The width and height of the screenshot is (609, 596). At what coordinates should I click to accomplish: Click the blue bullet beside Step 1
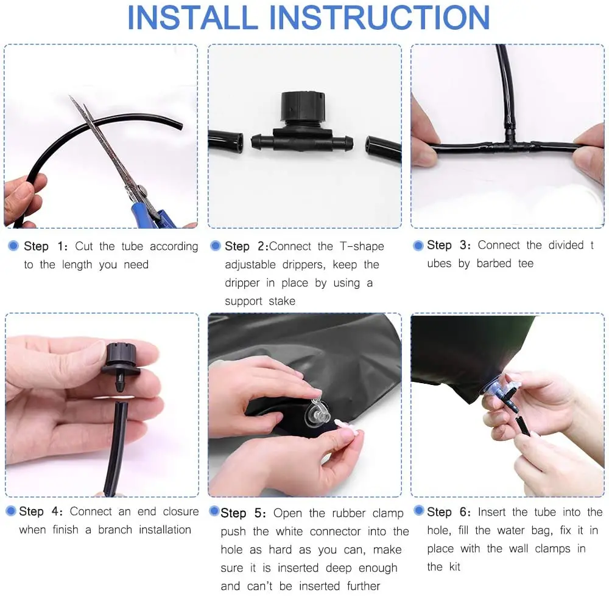click(13, 246)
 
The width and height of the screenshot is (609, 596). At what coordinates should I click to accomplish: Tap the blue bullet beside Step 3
click(418, 245)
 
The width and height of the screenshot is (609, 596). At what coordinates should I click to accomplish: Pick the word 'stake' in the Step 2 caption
click(281, 301)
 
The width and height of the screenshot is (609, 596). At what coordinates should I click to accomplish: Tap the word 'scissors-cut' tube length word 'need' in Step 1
click(136, 265)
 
